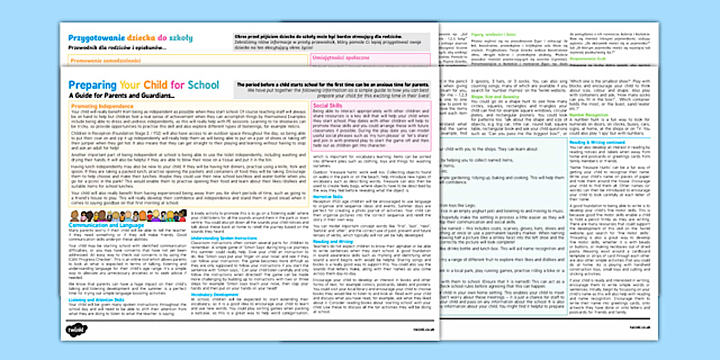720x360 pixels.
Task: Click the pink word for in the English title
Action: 178,85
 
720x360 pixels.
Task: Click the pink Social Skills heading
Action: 329,105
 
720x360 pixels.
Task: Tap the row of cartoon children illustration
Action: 127,215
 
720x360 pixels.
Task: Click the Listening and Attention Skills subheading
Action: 96,299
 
